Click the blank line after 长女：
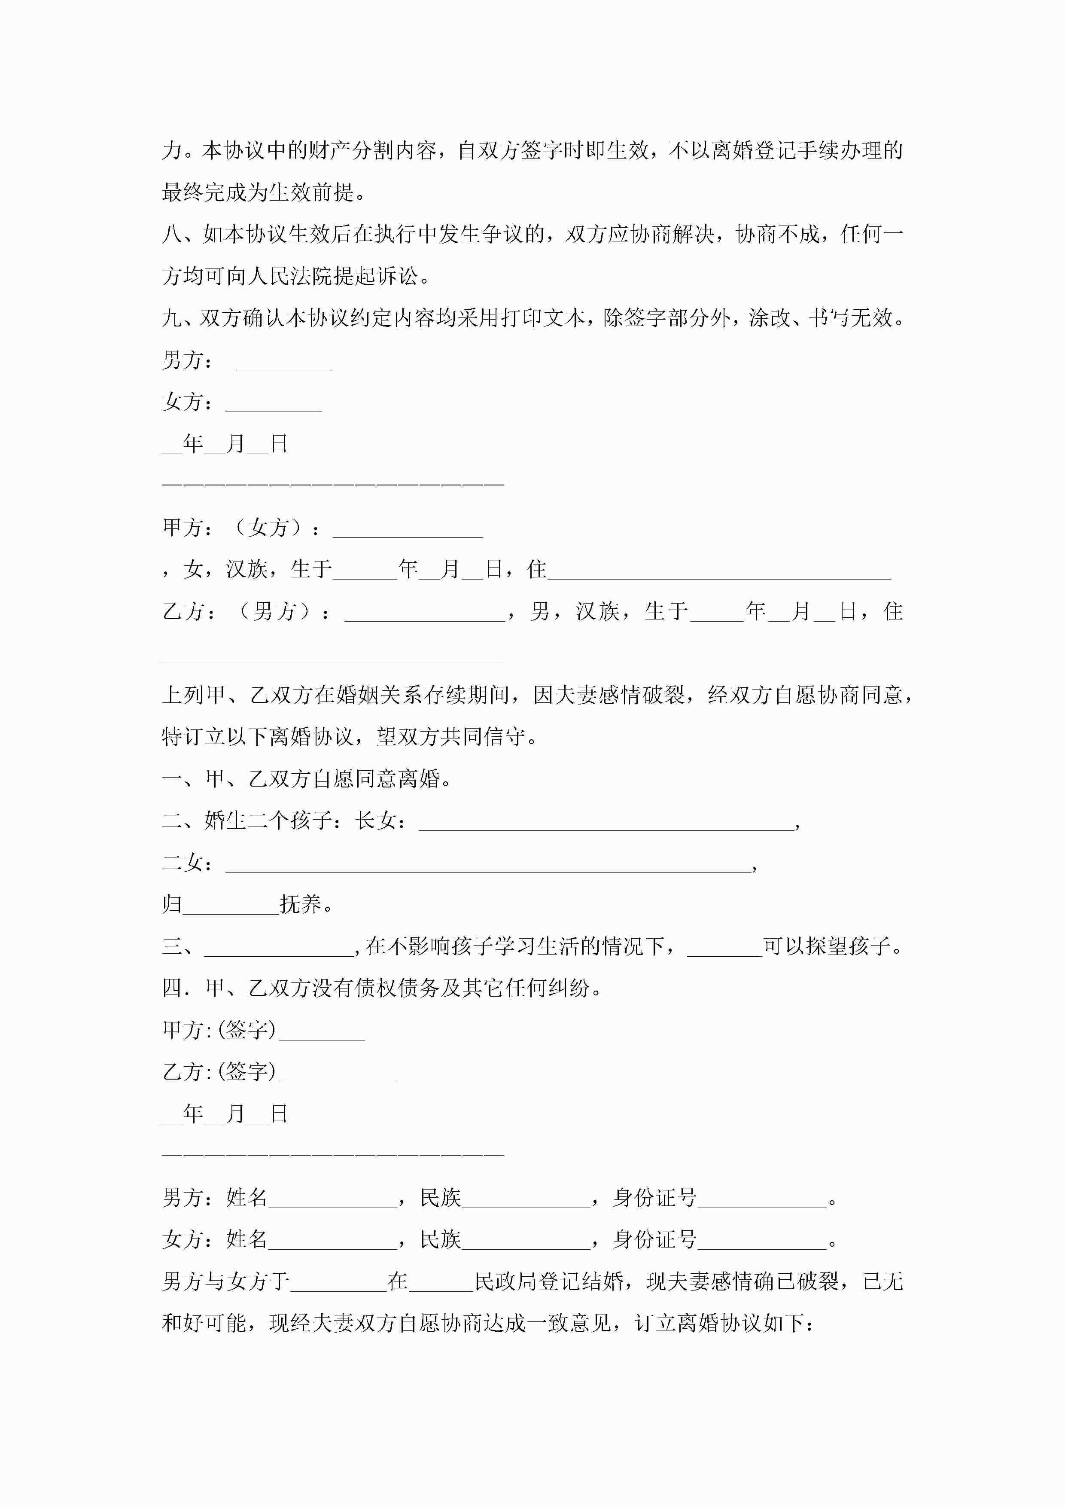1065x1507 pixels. pyautogui.click(x=606, y=823)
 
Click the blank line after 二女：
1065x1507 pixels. pyautogui.click(x=489, y=865)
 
